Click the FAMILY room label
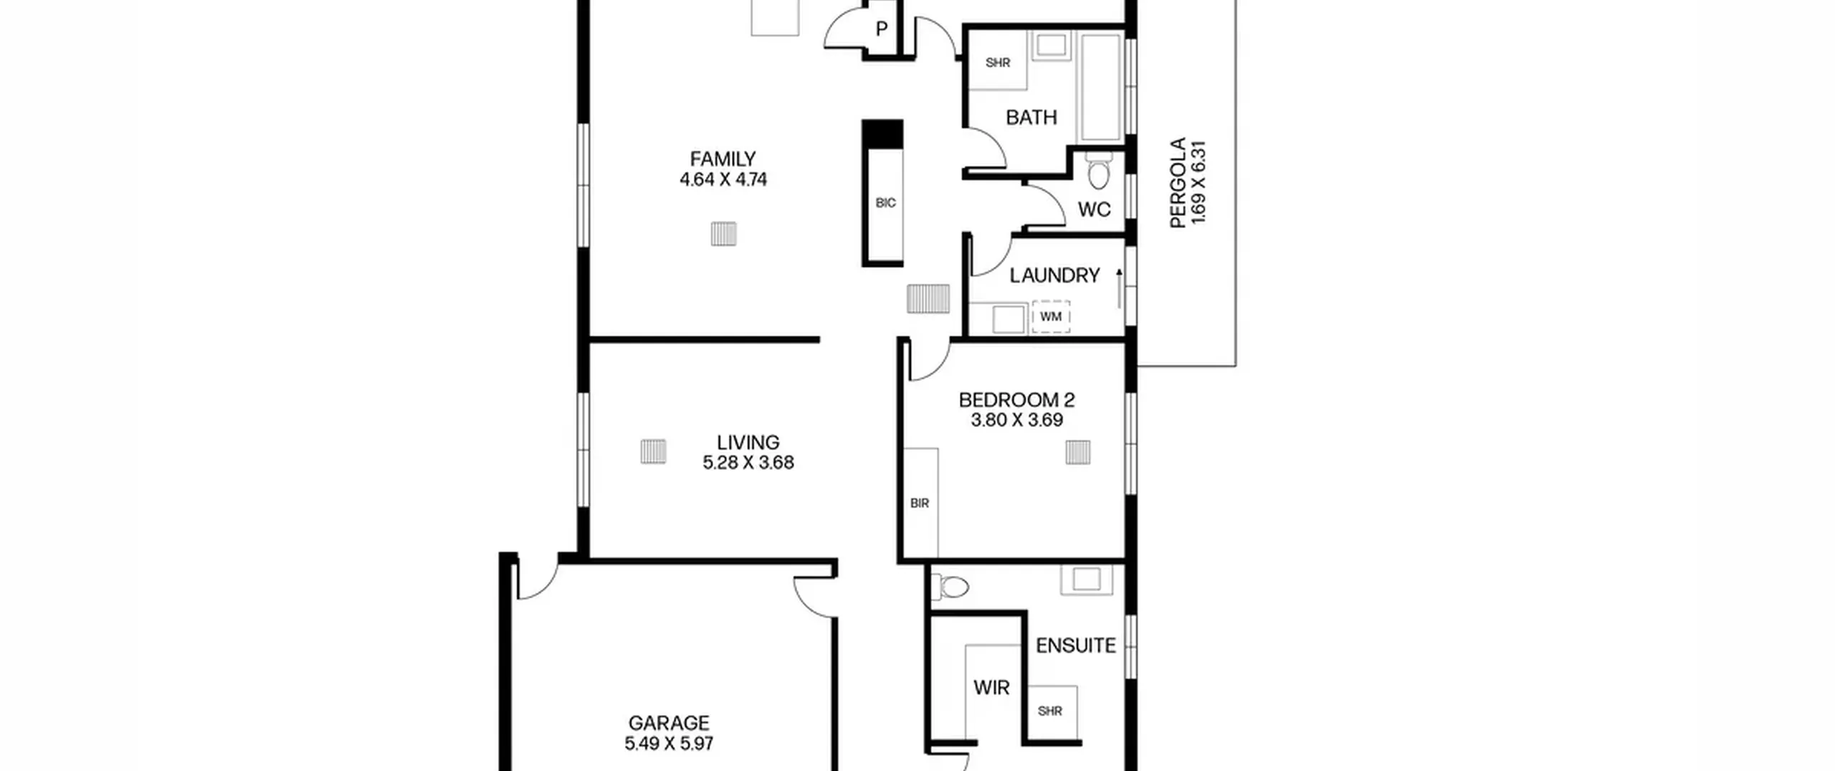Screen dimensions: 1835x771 click(723, 159)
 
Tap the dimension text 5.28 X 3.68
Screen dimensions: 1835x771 click(748, 463)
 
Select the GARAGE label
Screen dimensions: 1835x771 click(669, 723)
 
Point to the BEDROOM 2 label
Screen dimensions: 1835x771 click(1016, 399)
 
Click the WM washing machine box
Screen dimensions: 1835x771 click(1051, 317)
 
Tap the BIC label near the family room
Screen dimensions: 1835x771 click(886, 203)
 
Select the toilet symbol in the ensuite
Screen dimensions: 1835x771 click(950, 587)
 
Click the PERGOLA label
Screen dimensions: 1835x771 click(1178, 183)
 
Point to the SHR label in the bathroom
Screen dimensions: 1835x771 click(998, 63)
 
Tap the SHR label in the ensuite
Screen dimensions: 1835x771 click(1050, 711)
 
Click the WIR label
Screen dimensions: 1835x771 click(991, 688)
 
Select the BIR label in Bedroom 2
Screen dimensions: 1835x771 click(920, 503)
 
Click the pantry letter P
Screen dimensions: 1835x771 click(882, 29)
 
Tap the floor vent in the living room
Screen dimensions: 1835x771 click(653, 451)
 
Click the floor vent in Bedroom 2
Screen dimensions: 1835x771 click(1078, 453)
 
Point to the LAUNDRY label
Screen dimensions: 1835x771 click(1054, 275)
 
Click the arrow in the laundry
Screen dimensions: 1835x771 click(1119, 288)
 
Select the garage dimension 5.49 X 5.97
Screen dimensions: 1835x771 click(669, 744)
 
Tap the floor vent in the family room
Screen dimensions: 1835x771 click(723, 234)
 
